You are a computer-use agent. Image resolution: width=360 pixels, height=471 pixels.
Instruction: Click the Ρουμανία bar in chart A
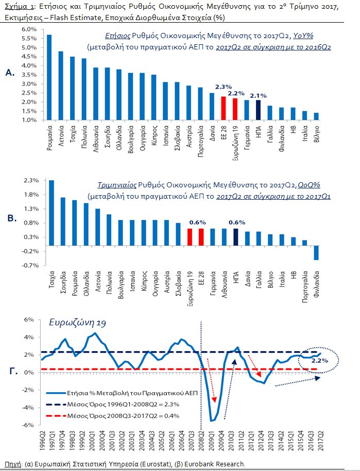pyautogui.click(x=49, y=77)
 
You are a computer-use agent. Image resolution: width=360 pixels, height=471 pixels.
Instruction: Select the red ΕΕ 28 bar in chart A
pyautogui.click(x=224, y=108)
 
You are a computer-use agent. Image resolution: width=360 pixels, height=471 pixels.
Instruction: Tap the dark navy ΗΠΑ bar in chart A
pyautogui.click(x=259, y=110)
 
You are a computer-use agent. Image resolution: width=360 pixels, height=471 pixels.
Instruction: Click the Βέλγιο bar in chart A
pyautogui.click(x=316, y=116)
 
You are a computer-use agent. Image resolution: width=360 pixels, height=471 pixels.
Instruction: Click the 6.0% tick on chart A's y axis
pyautogui.click(x=28, y=29)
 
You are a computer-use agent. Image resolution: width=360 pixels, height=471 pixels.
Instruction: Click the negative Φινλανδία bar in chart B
pyautogui.click(x=316, y=253)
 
